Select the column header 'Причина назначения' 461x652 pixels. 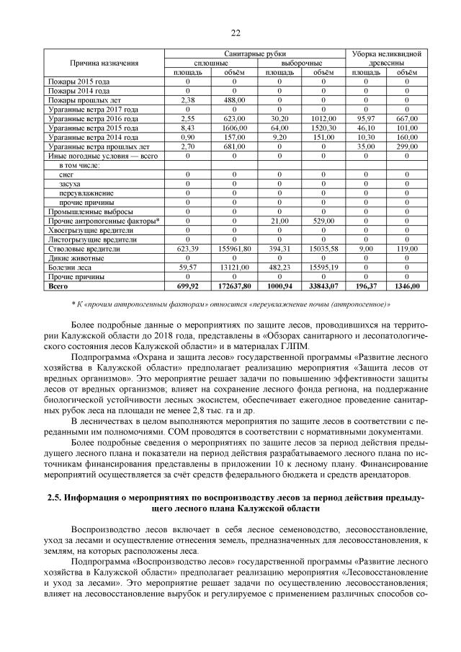[x=104, y=63]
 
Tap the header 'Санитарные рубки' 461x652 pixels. [x=256, y=54]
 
